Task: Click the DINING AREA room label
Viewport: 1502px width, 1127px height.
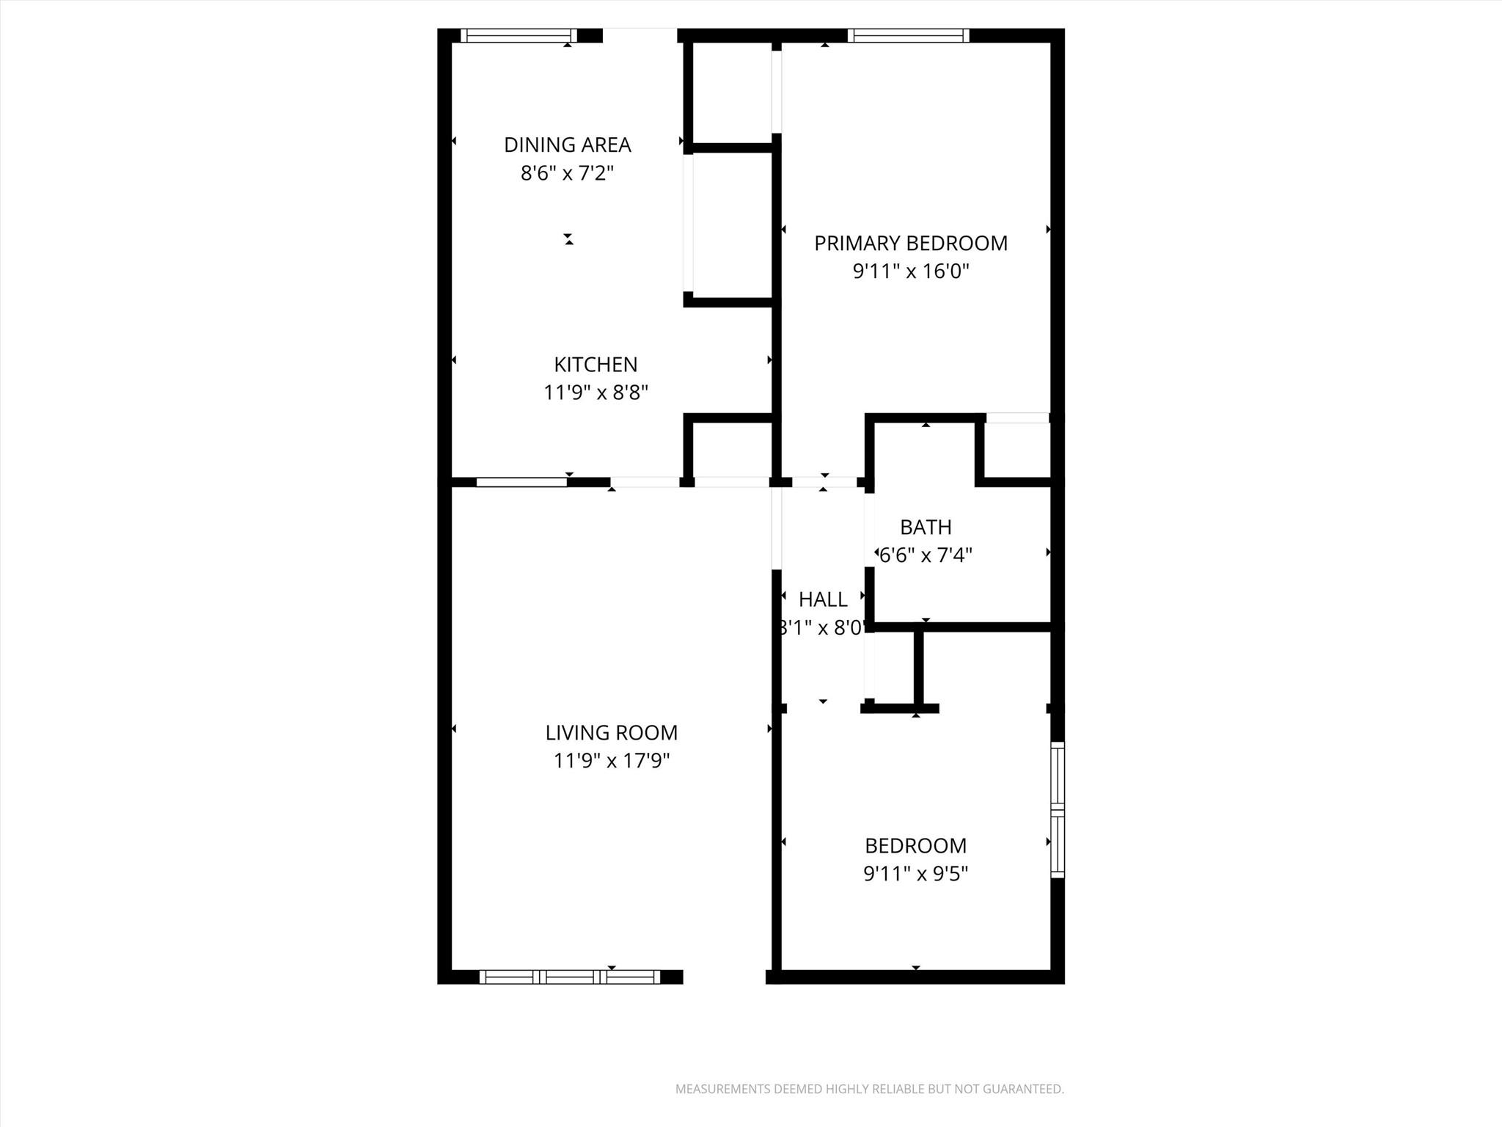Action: click(x=567, y=145)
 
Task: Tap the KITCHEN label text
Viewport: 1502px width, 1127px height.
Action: click(x=596, y=364)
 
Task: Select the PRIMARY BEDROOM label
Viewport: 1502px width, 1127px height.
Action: click(x=911, y=243)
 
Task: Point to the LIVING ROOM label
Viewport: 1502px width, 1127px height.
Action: click(x=611, y=732)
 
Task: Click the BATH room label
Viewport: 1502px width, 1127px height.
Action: click(x=926, y=527)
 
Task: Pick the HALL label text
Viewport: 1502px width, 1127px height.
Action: click(x=823, y=599)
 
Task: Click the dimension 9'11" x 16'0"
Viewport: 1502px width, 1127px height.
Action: click(x=911, y=271)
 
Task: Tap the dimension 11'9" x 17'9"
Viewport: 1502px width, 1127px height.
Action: click(x=611, y=761)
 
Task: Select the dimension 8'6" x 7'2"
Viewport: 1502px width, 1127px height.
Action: click(x=567, y=173)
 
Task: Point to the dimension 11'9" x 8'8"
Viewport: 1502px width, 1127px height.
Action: click(x=596, y=393)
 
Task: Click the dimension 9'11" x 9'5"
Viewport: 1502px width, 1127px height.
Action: click(x=915, y=874)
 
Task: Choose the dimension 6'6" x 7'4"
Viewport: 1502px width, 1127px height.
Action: click(x=926, y=555)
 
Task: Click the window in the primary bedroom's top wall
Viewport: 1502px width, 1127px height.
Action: click(x=908, y=35)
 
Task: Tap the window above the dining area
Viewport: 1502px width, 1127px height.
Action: click(x=519, y=35)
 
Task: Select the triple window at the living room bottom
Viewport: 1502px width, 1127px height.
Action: click(x=570, y=977)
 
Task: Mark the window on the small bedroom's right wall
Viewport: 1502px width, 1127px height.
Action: click(x=1057, y=809)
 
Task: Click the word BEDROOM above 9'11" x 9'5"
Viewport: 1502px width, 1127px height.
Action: click(x=915, y=845)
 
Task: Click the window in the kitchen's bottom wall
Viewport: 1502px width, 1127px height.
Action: click(x=521, y=482)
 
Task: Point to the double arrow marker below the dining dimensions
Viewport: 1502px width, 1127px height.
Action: click(x=568, y=238)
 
